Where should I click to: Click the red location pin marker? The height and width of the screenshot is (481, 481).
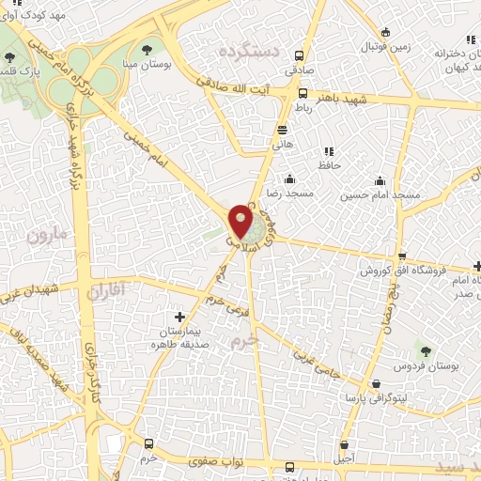[240, 222]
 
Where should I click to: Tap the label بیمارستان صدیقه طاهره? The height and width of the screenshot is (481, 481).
[180, 338]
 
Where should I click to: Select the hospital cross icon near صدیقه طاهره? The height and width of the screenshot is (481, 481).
[180, 317]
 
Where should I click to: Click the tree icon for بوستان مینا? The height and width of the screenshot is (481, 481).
[146, 49]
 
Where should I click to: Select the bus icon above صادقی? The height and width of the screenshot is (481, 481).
[301, 55]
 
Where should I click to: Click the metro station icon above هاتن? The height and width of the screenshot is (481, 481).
[283, 130]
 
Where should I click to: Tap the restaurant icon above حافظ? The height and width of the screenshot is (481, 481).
[329, 150]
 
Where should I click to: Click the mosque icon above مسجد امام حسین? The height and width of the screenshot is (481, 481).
[380, 180]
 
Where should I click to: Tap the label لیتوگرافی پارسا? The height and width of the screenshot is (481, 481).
[377, 399]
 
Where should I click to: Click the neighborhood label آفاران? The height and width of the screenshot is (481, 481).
[105, 292]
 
